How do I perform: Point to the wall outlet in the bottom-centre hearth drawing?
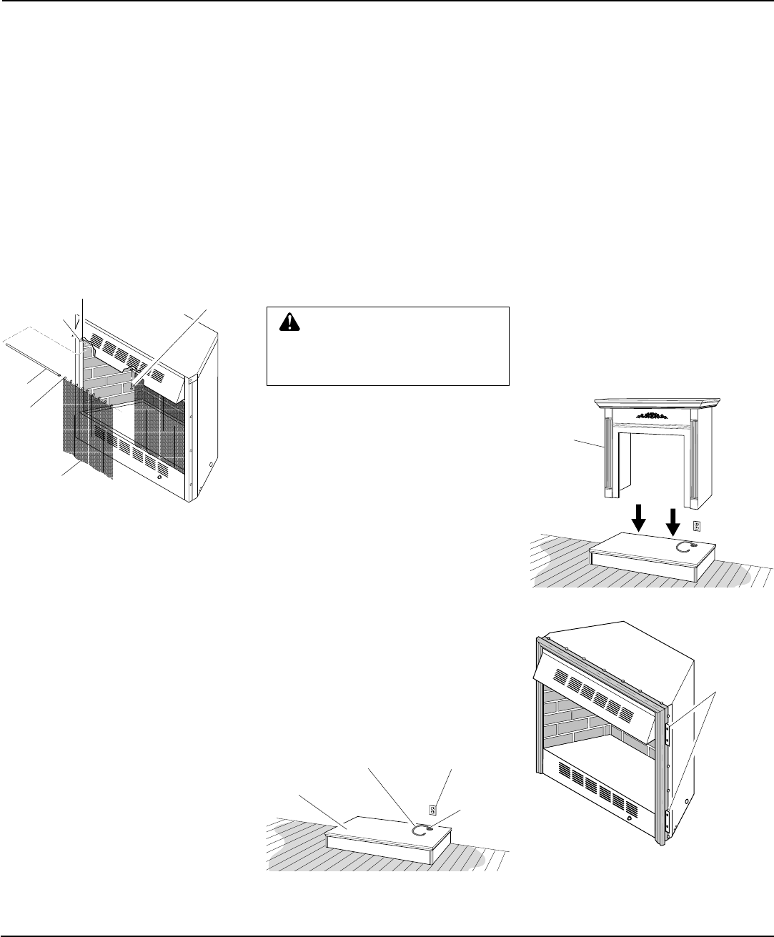click(x=432, y=810)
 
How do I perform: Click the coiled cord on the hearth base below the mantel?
click(x=685, y=547)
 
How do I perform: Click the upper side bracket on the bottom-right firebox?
click(x=666, y=733)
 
